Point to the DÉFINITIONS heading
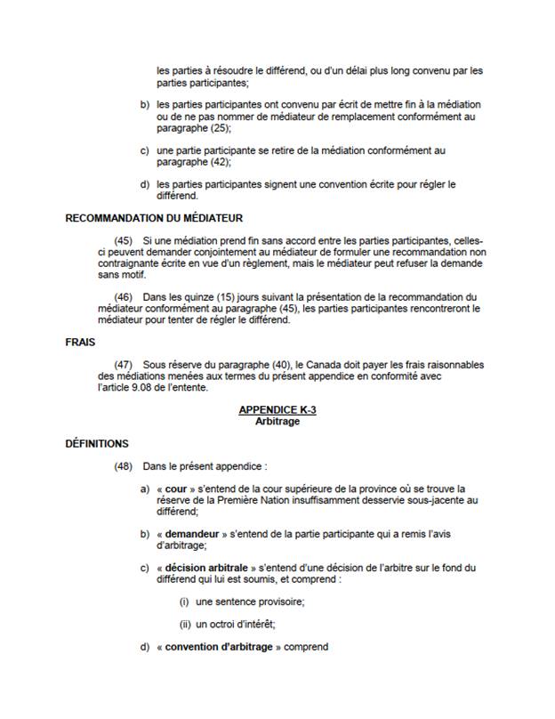tap(98, 443)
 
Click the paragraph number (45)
tap(125, 241)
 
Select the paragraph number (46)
tap(125, 297)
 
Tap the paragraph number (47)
tap(125, 364)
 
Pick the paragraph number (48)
tap(125, 466)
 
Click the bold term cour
tap(176, 489)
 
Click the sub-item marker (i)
tap(183, 602)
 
